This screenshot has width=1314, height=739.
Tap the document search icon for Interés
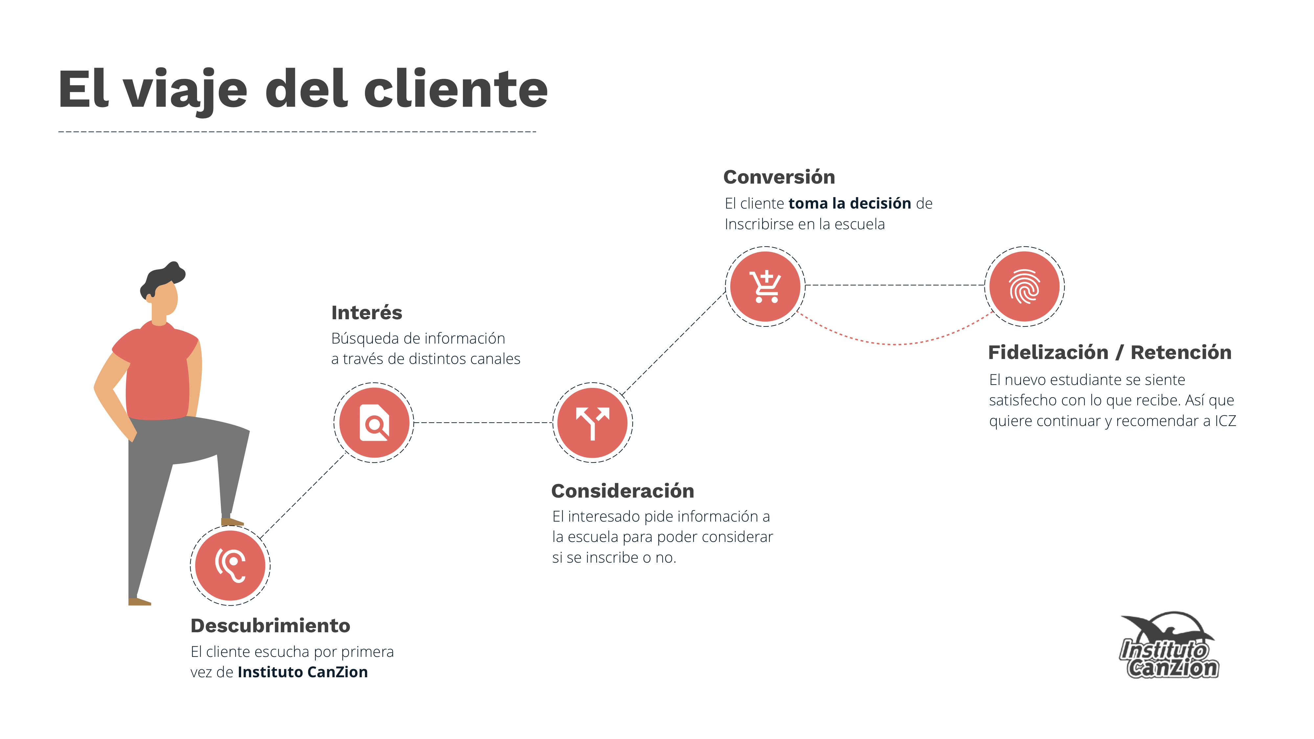click(x=374, y=423)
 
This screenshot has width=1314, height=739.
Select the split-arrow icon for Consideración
click(x=592, y=423)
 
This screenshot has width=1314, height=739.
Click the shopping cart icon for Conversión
click(x=765, y=287)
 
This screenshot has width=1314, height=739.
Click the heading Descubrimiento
click(x=270, y=625)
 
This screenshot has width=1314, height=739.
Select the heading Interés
click(x=367, y=312)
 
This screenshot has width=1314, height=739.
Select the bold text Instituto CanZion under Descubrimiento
click(x=303, y=672)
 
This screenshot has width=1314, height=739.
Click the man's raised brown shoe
click(x=232, y=522)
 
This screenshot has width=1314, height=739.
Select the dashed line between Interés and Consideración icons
click(x=483, y=423)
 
